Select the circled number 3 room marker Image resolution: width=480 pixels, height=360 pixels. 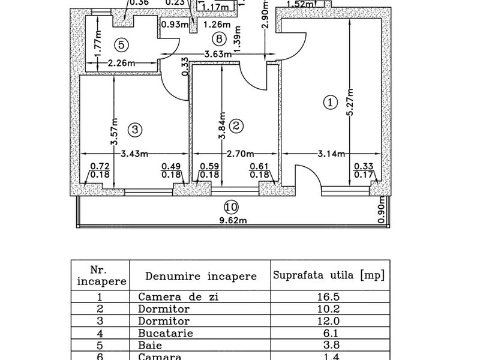(134, 129)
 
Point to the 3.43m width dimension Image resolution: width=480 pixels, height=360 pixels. (135, 154)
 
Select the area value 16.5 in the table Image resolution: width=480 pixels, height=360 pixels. (330, 296)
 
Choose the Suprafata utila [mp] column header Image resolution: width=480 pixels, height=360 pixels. (329, 276)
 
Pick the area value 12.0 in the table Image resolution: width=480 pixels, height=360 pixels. (330, 320)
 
